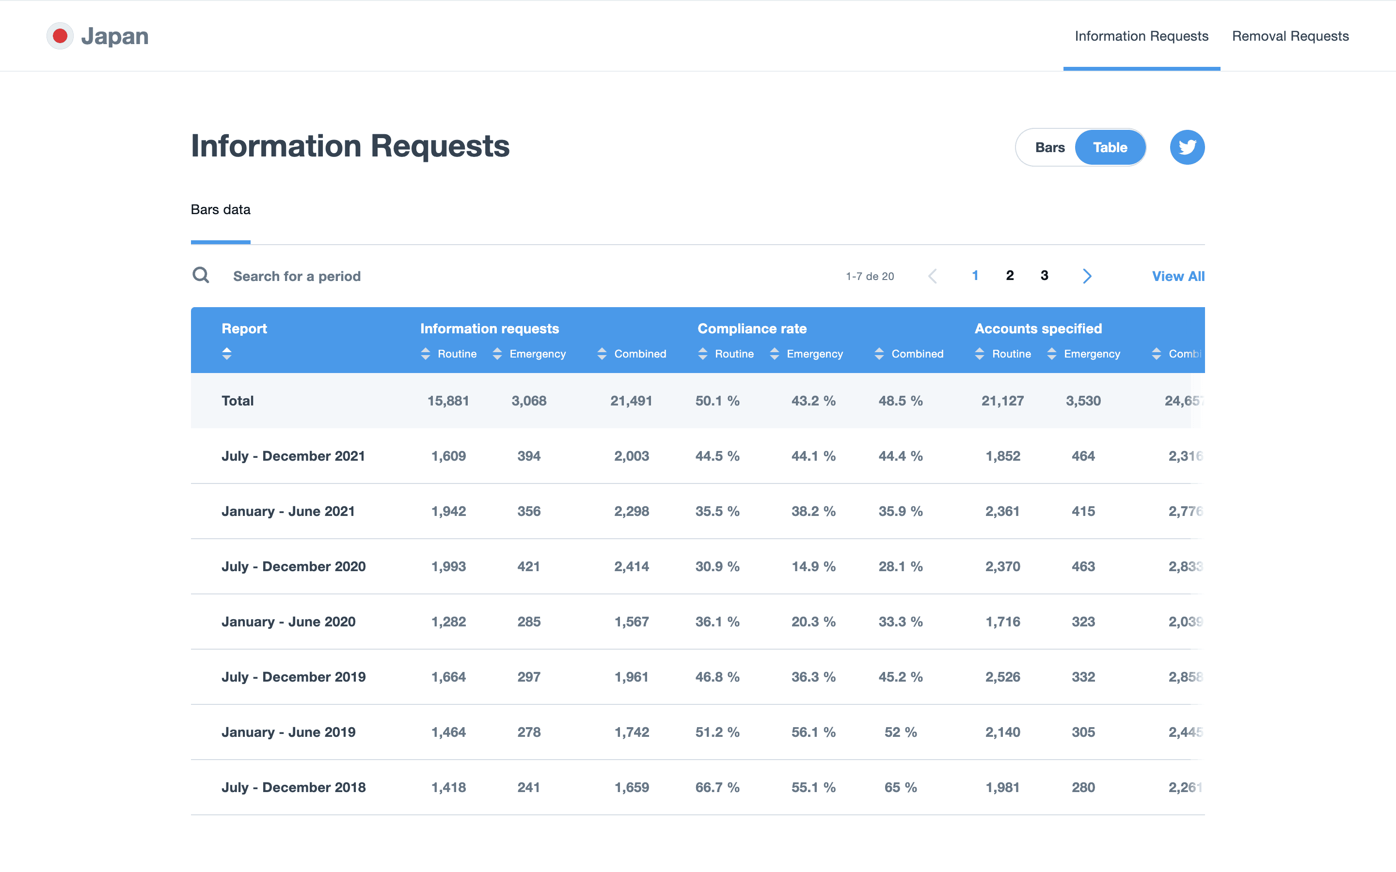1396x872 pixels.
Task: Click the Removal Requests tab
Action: pos(1290,36)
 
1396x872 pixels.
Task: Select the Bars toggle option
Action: pos(1049,148)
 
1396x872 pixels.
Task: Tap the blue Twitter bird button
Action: pos(1187,148)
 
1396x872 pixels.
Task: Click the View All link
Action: pos(1178,276)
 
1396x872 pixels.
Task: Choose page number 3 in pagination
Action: pos(1044,276)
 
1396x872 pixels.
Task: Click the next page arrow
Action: pos(1087,276)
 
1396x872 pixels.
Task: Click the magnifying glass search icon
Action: pos(201,275)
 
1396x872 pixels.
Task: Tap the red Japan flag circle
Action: pos(60,36)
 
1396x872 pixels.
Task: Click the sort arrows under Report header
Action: pos(227,354)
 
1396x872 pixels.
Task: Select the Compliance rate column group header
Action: pos(752,329)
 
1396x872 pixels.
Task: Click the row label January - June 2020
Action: pos(288,622)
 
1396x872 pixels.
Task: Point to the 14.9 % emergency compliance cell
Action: pos(813,566)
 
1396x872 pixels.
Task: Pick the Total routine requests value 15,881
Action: pos(448,401)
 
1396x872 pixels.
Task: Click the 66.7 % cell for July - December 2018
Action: pos(717,787)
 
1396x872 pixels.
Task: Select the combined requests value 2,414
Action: pos(631,566)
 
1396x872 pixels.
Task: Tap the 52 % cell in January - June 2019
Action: pos(901,732)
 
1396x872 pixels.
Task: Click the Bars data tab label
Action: pos(221,210)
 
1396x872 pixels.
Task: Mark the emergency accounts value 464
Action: pos(1083,456)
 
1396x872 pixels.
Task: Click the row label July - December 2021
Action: pos(293,456)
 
